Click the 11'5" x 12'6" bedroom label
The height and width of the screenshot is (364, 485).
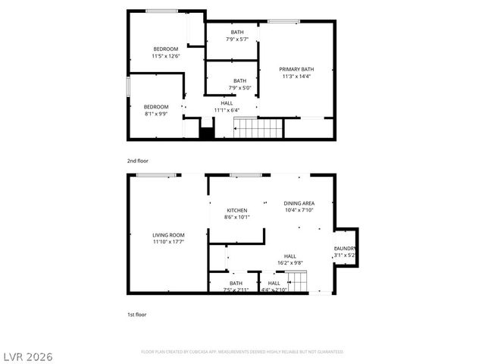[x=165, y=52]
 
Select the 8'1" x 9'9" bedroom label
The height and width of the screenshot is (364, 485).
[x=156, y=110]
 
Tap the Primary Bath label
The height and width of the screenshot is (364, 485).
[x=296, y=72]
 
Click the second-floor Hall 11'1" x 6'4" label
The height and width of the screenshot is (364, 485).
[x=227, y=106]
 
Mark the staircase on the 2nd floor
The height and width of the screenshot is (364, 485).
[x=258, y=128]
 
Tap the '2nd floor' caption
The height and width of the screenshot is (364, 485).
[x=137, y=161]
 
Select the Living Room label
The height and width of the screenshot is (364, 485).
[x=168, y=239]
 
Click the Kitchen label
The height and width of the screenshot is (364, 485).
[x=237, y=213]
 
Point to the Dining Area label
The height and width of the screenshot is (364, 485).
[x=299, y=206]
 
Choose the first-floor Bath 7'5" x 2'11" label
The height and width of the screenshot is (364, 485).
[x=236, y=286]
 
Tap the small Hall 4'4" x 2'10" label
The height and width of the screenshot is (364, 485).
[x=274, y=286]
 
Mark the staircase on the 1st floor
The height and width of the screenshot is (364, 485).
[x=299, y=284]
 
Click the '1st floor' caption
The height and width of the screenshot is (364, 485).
[x=136, y=313]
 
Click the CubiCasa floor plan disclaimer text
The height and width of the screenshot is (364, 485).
[x=242, y=352]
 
